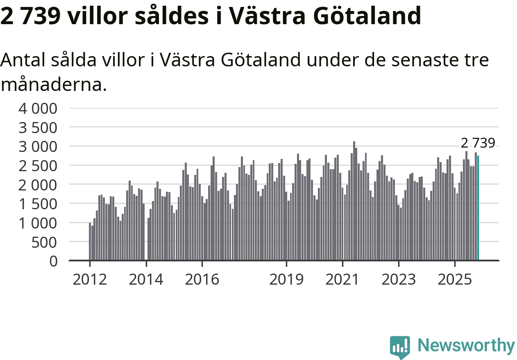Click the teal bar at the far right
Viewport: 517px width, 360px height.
pos(478,208)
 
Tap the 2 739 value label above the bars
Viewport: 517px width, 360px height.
pos(478,143)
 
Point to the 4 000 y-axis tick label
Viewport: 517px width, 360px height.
pos(37,109)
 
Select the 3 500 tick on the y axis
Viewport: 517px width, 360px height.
pos(37,128)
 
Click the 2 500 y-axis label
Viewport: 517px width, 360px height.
pos(37,166)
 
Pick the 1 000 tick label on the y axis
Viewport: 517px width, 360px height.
pos(37,223)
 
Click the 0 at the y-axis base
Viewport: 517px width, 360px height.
pos(54,261)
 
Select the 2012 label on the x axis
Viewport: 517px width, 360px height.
pos(90,280)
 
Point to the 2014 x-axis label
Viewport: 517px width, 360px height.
pos(146,280)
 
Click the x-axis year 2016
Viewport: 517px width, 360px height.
pos(202,280)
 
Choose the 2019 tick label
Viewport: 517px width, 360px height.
pos(286,280)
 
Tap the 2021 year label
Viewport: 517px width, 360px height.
pos(342,280)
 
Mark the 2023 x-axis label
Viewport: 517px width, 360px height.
pos(399,280)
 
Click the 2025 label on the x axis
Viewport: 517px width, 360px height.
pos(455,280)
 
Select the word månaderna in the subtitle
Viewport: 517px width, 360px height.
pos(50,85)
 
